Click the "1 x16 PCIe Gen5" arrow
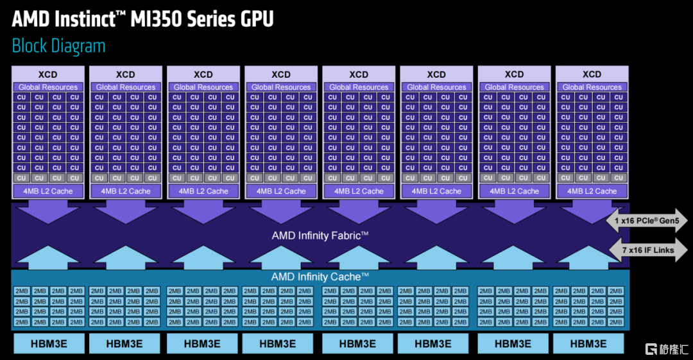pyautogui.click(x=647, y=220)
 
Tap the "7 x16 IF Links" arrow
pyautogui.click(x=648, y=250)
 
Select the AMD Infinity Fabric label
pyautogui.click(x=320, y=236)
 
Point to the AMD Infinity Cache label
pyautogui.click(x=320, y=277)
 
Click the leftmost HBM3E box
pyautogui.click(x=49, y=344)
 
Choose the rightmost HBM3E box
pyautogui.click(x=588, y=344)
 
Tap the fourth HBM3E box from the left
pyautogui.click(x=278, y=344)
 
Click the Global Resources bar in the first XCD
pyautogui.click(x=48, y=87)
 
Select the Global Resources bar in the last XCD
pyautogui.click(x=592, y=87)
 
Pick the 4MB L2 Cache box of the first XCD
pyautogui.click(x=48, y=191)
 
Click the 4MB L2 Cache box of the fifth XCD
pyautogui.click(x=359, y=191)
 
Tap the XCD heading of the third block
pyautogui.click(x=203, y=74)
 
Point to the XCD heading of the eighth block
pyautogui.click(x=592, y=74)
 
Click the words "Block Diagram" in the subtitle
pyautogui.click(x=59, y=46)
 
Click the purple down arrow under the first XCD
pyautogui.click(x=48, y=211)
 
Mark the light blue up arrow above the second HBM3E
pyautogui.click(x=126, y=257)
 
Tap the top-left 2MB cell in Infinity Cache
pyautogui.click(x=22, y=291)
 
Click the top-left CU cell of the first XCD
pyautogui.click(x=22, y=98)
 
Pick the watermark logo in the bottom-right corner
pyautogui.click(x=667, y=349)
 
